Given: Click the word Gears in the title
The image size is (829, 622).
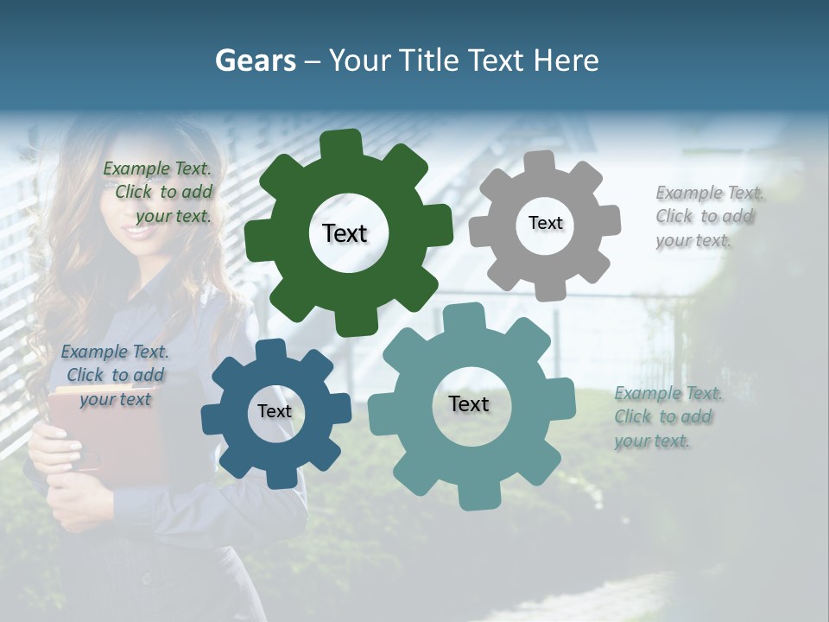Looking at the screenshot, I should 255,60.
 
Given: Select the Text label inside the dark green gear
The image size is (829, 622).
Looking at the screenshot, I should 345,233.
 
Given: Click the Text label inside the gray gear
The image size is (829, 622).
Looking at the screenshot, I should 545,223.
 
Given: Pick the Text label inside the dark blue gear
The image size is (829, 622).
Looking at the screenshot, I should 275,411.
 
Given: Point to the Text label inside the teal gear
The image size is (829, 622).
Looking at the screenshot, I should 469,404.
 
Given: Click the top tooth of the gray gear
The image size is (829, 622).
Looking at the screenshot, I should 541,162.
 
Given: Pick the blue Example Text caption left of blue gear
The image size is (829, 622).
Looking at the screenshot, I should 115,376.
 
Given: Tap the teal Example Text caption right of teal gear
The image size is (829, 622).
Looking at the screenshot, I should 666,417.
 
